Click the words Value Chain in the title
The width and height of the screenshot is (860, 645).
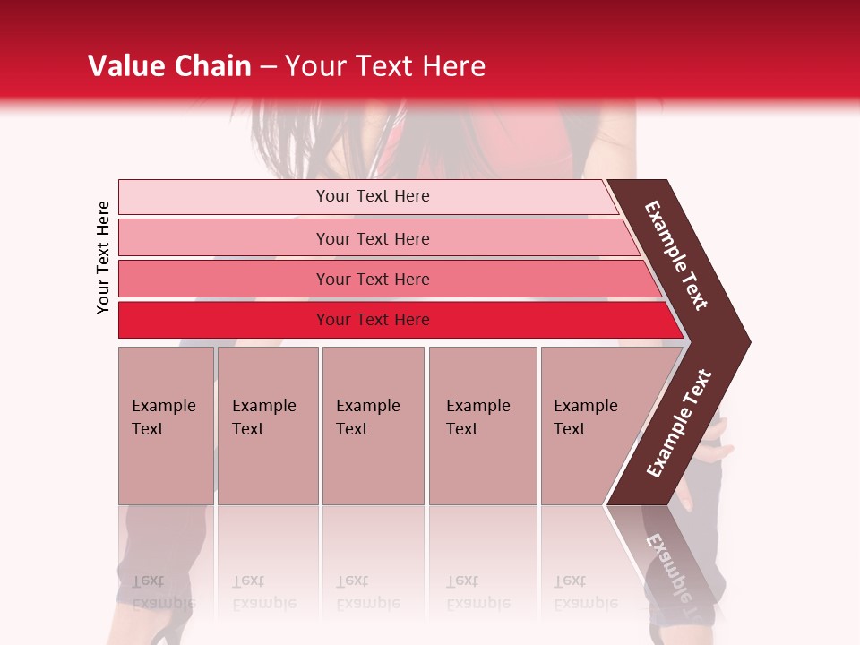click(169, 66)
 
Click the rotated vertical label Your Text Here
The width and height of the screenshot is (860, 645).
click(103, 257)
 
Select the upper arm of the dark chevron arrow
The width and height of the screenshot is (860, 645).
click(676, 255)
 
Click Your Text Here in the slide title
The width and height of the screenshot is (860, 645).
click(385, 66)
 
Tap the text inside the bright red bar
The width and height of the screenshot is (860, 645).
click(373, 320)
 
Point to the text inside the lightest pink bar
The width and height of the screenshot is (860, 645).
click(373, 196)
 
